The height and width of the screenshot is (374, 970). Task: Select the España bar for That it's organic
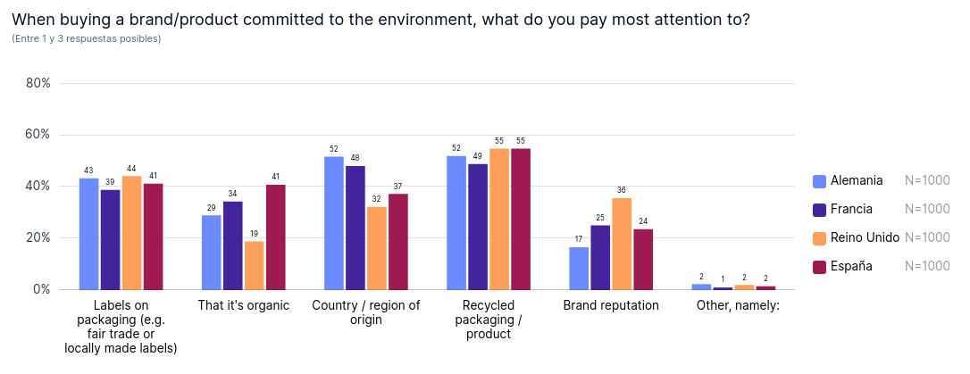pos(276,237)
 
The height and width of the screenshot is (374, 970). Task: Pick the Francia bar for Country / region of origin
pos(355,228)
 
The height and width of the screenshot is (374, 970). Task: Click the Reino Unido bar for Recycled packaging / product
pos(499,219)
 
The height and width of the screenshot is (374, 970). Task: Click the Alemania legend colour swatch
pos(819,181)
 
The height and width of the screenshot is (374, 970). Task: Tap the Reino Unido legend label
pos(865,237)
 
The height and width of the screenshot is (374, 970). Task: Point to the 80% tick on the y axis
pos(38,83)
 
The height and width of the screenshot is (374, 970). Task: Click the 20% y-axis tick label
pos(38,238)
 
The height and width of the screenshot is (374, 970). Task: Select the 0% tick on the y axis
pos(41,290)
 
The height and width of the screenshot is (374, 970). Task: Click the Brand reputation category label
pos(611,305)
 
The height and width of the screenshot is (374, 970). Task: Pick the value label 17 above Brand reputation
pos(579,239)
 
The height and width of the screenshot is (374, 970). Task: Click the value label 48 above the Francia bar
pos(355,158)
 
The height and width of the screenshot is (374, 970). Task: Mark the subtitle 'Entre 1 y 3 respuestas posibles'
pos(87,38)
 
